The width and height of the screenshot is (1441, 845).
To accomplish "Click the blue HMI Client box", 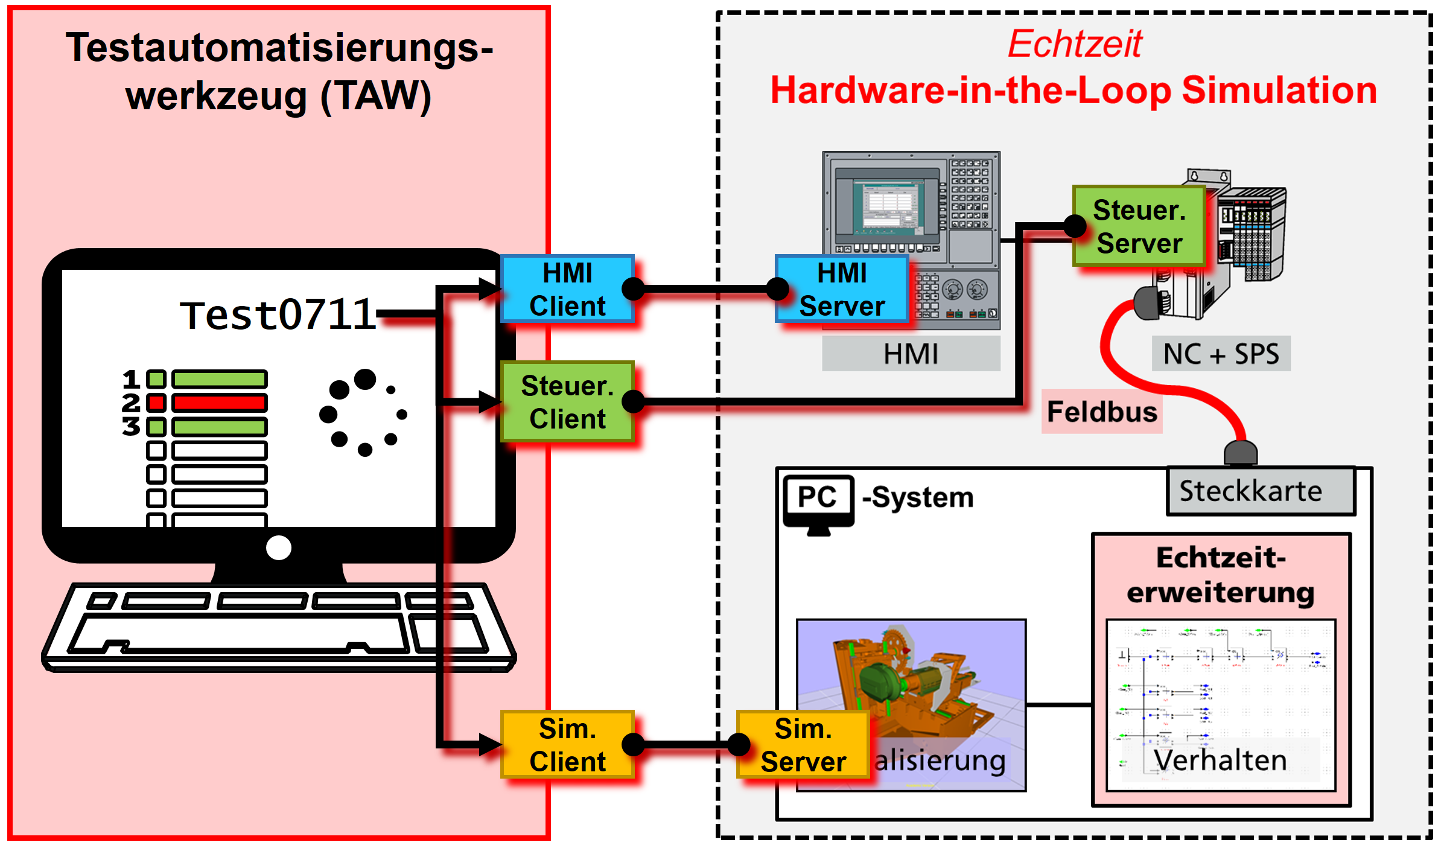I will (x=567, y=289).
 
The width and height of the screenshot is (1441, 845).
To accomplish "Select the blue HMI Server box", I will (x=842, y=289).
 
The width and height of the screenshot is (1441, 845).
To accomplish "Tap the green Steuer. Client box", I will (x=567, y=402).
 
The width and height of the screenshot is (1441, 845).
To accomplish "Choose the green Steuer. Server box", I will (x=1139, y=226).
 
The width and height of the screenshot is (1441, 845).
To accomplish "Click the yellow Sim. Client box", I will (x=567, y=745).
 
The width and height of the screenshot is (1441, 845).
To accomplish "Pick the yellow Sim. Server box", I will (x=803, y=745).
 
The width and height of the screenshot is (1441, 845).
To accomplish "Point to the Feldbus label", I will (x=1102, y=412).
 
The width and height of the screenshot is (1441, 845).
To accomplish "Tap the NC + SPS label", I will (x=1221, y=354).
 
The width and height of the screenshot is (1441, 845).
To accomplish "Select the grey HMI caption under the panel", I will (x=911, y=354).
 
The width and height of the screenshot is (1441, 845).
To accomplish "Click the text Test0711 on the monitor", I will (x=278, y=314).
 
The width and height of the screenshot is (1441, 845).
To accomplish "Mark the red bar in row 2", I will (x=219, y=403).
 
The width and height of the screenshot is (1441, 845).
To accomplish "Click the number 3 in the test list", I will (x=131, y=427).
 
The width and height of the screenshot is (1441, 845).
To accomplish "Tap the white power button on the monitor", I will (x=278, y=548).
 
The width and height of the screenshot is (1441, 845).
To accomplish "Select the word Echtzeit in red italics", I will (x=1075, y=44).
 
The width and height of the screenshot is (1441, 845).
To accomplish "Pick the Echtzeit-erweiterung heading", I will (x=1220, y=575).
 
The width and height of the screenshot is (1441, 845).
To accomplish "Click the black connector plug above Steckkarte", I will (x=1240, y=453).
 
